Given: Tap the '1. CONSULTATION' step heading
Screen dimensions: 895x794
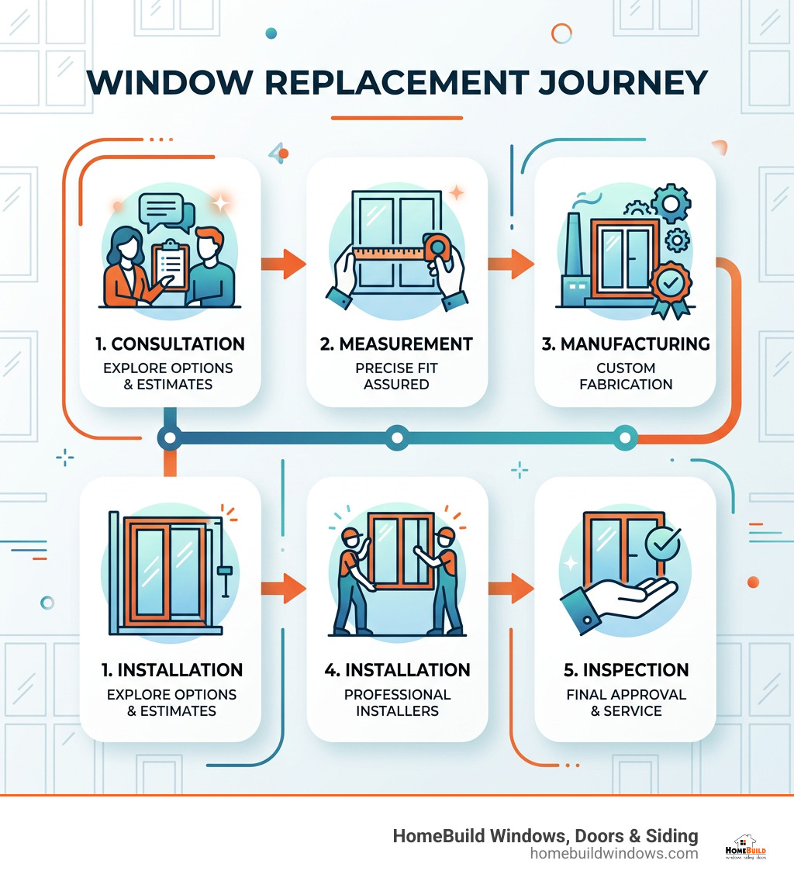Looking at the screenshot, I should tap(170, 344).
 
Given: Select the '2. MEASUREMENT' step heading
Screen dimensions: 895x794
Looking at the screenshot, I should tap(396, 344).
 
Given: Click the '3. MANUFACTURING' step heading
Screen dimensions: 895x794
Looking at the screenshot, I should tap(625, 344).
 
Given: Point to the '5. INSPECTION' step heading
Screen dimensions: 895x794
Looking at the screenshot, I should tap(625, 669).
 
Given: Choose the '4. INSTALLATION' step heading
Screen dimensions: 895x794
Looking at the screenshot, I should tap(396, 669).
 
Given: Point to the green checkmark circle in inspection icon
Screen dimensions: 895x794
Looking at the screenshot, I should tap(662, 542).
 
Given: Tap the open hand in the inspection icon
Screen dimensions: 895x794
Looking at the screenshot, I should tap(620, 598).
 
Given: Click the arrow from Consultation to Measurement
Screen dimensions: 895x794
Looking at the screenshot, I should tap(282, 264).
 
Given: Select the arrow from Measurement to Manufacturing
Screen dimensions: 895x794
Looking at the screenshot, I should tap(511, 264).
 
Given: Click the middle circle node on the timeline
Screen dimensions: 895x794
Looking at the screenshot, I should tap(397, 437).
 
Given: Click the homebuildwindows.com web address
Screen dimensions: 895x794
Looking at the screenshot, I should tap(614, 853).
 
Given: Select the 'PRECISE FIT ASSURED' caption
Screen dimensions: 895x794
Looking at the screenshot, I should tap(396, 375).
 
